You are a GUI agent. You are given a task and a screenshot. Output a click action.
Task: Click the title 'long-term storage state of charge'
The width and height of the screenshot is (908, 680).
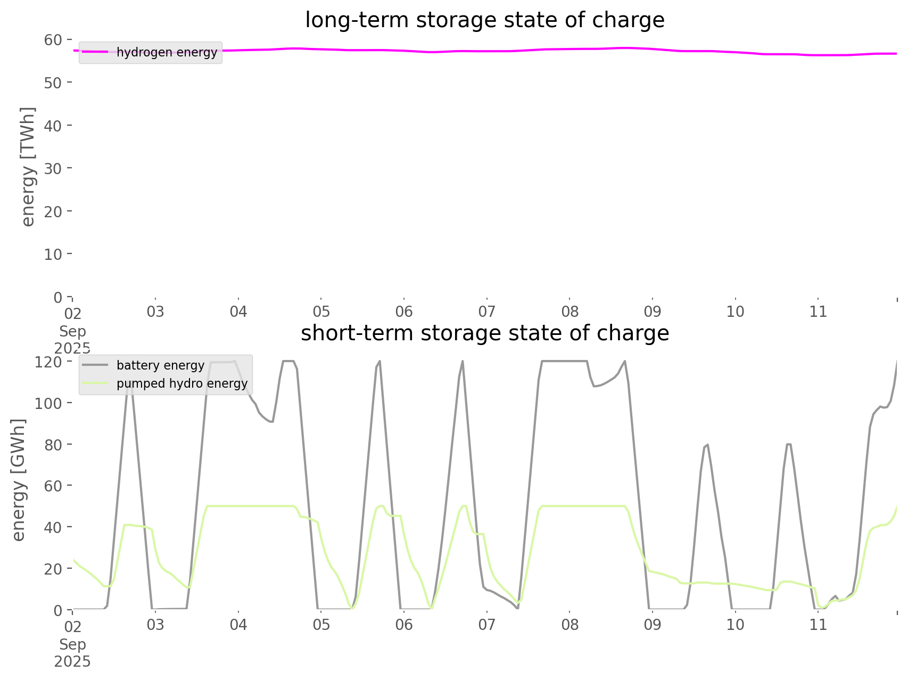click(484, 20)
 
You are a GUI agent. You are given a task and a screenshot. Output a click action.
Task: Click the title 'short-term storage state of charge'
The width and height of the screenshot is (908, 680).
click(484, 333)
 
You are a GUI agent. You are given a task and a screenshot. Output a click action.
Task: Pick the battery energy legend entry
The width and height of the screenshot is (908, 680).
click(160, 365)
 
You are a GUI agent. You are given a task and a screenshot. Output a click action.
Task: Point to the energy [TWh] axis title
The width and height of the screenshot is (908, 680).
click(28, 167)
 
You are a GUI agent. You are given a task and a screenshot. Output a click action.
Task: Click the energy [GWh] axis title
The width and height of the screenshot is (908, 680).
click(19, 480)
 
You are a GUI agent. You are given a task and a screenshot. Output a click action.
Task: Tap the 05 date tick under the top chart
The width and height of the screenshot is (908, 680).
click(321, 312)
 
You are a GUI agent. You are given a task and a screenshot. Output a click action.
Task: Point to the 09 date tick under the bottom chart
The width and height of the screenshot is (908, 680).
click(653, 625)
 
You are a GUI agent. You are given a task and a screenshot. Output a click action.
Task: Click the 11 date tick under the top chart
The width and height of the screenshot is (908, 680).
click(819, 312)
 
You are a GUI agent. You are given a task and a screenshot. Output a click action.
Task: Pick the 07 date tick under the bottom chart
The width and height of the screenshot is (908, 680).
click(487, 625)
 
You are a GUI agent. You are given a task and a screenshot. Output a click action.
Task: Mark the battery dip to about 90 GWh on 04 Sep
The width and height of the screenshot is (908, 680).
click(271, 422)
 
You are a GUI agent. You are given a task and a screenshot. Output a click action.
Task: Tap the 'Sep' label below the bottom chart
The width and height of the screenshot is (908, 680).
click(72, 644)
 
